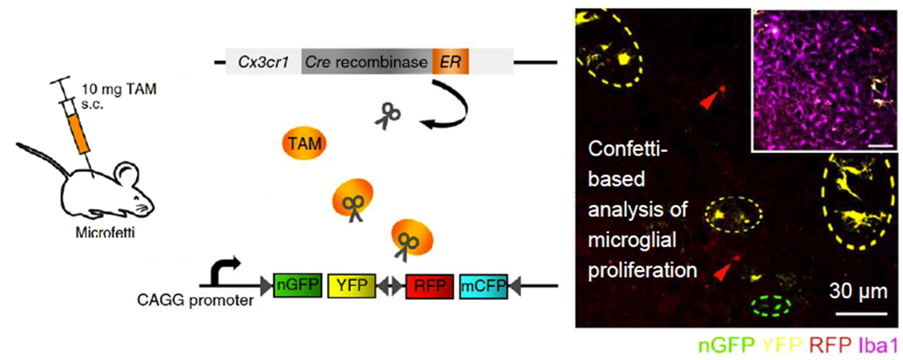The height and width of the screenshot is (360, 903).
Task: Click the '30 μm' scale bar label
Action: coord(858,291)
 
